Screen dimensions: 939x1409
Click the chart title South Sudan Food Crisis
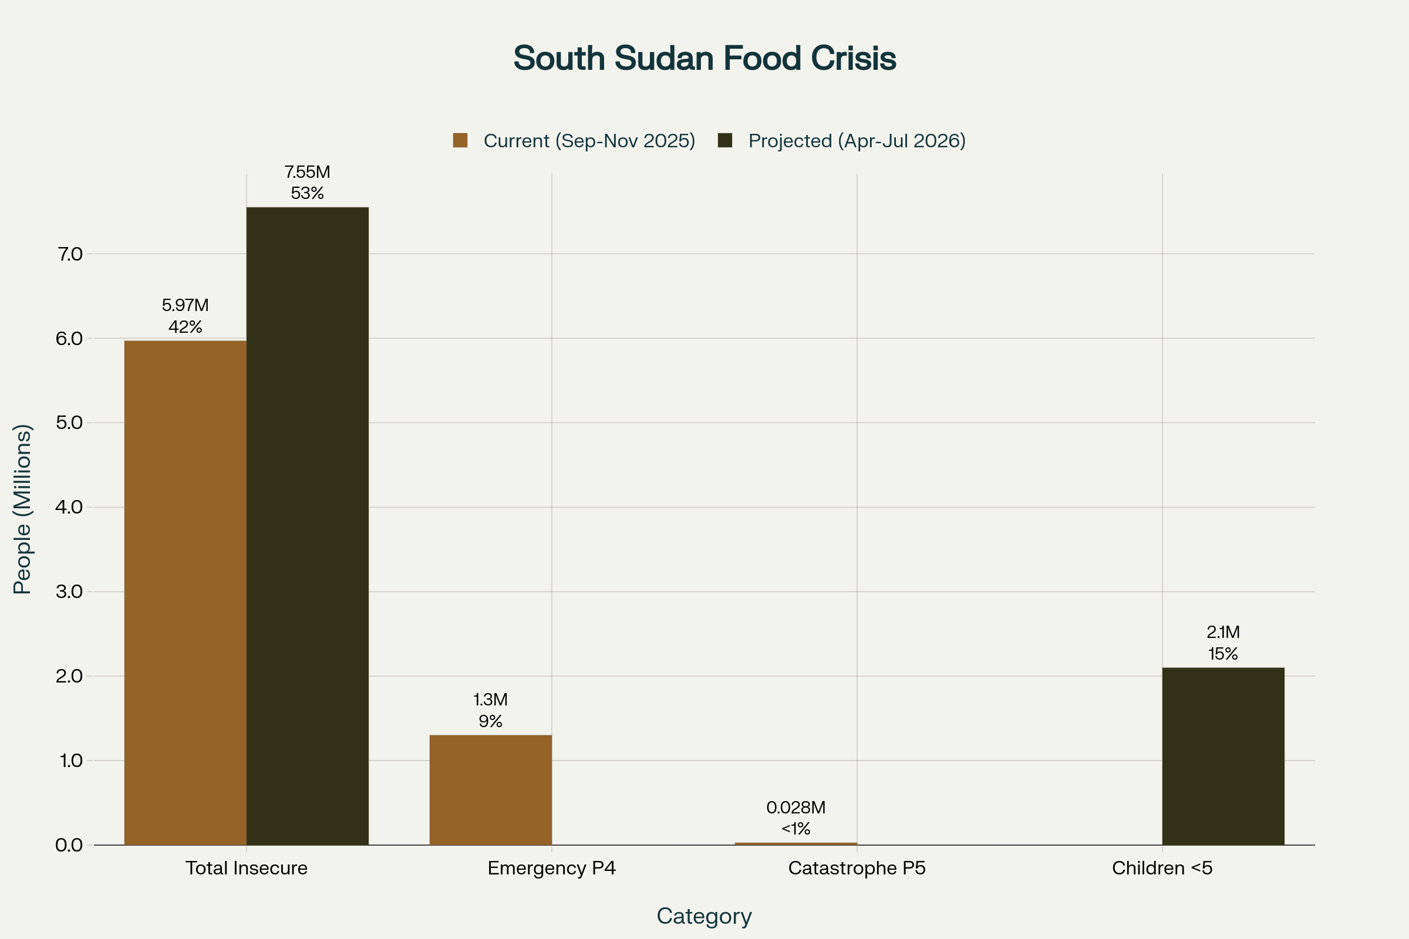pos(704,58)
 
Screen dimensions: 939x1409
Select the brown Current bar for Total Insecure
pos(185,593)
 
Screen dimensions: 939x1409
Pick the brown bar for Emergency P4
pos(490,790)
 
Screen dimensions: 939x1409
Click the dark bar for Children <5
pos(1223,756)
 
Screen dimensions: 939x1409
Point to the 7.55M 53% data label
pos(307,183)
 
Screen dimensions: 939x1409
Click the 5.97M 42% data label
pos(185,316)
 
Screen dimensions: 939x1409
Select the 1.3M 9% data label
pos(490,710)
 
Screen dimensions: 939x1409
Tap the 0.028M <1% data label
pos(795,818)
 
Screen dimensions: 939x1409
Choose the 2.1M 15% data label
pos(1223,643)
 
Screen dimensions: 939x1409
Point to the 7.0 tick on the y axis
pos(69,254)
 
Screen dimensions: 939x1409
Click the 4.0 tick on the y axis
pos(69,507)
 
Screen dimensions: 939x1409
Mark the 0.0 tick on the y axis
pos(69,845)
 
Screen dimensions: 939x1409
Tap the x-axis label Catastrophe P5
pos(857,868)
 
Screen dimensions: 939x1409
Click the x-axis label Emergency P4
pos(551,868)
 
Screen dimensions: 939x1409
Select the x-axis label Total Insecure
pos(246,868)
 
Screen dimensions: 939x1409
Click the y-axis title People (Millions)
pos(22,509)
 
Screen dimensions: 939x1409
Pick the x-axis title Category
pos(704,916)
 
